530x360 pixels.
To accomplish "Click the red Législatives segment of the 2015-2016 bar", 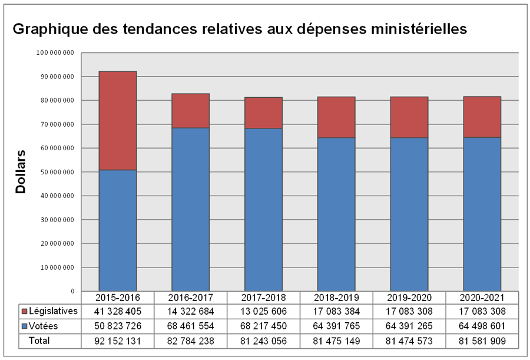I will [118, 121].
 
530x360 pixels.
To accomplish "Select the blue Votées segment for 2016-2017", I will [190, 209].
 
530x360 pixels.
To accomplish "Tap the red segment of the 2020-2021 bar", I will [481, 117].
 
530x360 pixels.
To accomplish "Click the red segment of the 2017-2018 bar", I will [263, 113].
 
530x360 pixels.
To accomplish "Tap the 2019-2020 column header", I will [409, 297].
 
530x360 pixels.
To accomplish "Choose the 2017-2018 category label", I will [263, 297].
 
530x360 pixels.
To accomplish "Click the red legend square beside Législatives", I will [24, 311].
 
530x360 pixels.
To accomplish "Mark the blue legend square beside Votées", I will [24, 326].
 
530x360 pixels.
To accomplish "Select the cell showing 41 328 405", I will [118, 311].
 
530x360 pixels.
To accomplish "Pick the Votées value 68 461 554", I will [190, 326].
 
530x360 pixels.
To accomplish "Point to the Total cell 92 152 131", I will [118, 341].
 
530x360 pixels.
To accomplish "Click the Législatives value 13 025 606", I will [263, 311].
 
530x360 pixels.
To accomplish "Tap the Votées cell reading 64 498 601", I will [481, 326].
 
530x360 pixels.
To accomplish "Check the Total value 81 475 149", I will [336, 341].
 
